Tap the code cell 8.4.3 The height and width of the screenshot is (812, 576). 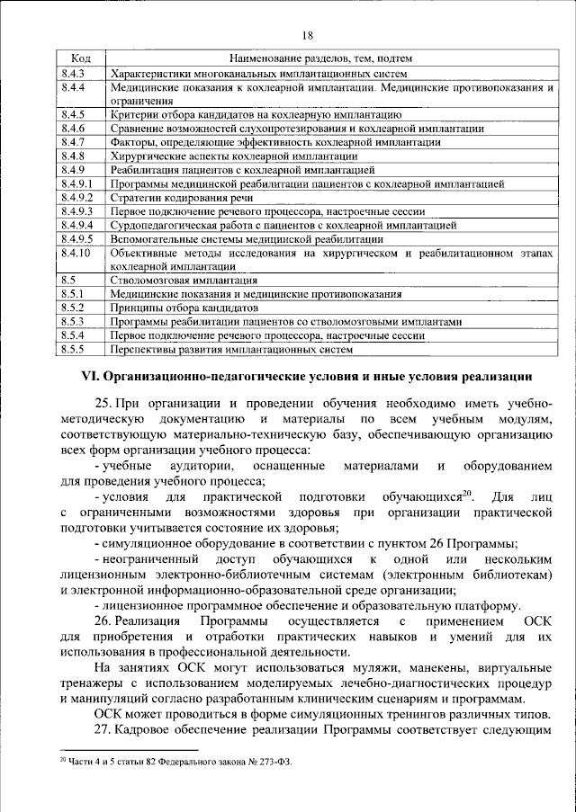73,72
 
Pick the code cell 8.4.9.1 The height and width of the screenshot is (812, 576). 78,183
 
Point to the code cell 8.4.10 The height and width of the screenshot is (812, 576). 76,254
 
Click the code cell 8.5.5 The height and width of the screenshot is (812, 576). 73,349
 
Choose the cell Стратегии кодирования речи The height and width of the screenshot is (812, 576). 175,197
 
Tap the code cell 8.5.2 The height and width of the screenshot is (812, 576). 73,308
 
